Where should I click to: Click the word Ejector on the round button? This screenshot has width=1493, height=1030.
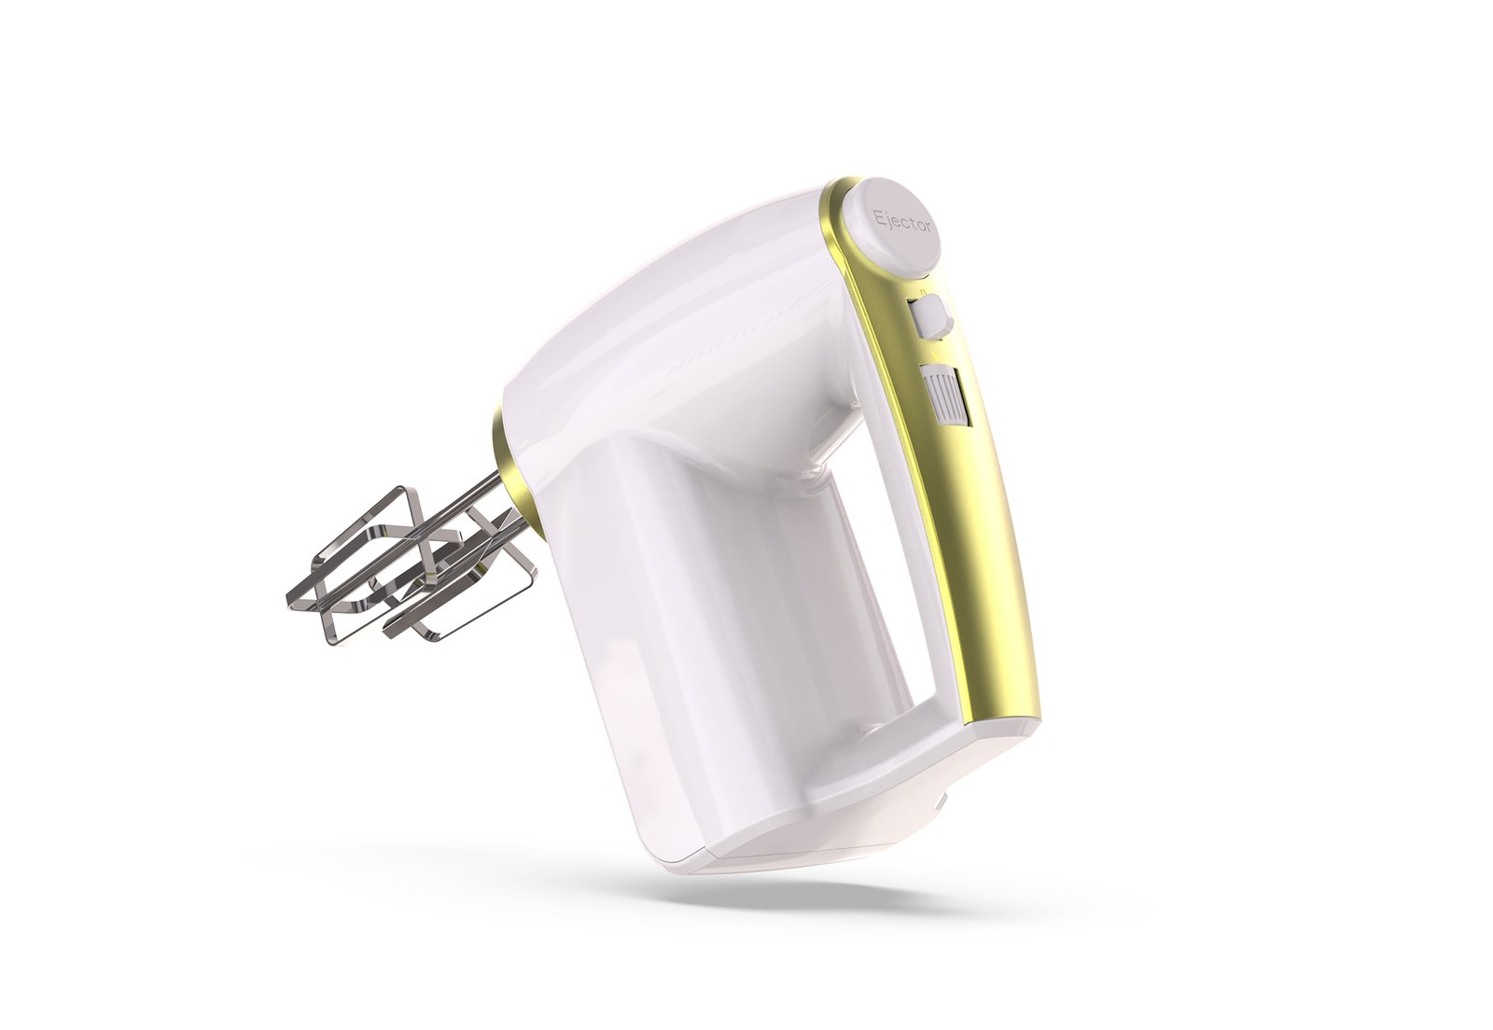[x=901, y=223]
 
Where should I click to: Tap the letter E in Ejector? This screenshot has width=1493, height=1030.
[x=878, y=215]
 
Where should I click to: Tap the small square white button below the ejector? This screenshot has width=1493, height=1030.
[x=930, y=316]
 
